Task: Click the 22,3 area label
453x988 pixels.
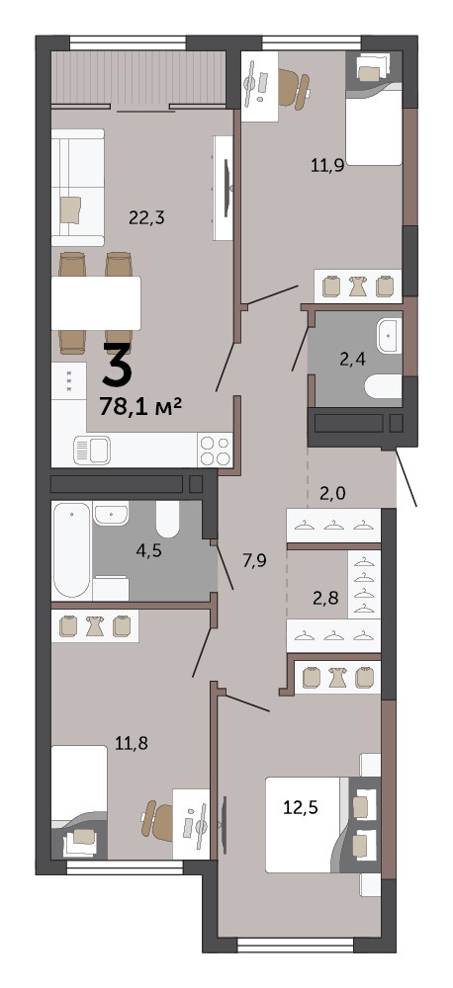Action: coord(146,218)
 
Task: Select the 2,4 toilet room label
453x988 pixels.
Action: coord(353,360)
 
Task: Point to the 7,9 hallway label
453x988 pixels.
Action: coord(254,560)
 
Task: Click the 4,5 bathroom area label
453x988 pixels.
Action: coord(149,550)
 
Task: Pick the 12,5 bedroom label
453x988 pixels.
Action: coord(301,807)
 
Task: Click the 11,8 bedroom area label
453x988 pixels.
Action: coord(132,744)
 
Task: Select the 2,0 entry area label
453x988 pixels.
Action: coord(332,494)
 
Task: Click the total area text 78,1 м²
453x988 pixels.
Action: coord(140,406)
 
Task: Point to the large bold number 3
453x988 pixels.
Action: coord(118,364)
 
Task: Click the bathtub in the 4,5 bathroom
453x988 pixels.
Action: coord(71,548)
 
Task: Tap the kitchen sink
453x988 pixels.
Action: coord(92,450)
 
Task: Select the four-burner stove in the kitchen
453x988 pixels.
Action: coord(216,450)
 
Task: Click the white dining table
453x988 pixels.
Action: coord(96,303)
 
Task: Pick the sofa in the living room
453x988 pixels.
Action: coord(77,187)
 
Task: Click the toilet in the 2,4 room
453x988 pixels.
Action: coord(384,386)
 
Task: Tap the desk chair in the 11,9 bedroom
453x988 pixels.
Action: coord(294,86)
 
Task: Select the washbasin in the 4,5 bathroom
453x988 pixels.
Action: coord(111,513)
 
